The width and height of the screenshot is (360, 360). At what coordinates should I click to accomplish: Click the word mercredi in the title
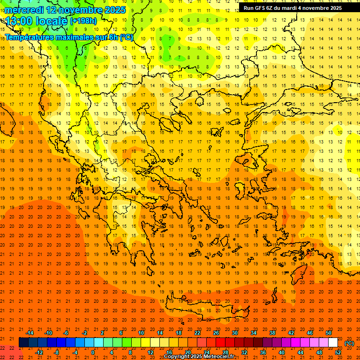tap(24, 10)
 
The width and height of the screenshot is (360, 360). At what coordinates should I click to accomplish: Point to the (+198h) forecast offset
tap(84, 22)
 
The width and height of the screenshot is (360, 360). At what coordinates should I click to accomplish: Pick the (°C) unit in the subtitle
tap(127, 37)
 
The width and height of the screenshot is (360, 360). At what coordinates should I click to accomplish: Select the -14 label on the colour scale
tap(30, 333)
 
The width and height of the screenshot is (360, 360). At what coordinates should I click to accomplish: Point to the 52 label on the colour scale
tap(338, 352)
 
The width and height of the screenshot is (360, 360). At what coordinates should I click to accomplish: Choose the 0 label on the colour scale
tap(92, 352)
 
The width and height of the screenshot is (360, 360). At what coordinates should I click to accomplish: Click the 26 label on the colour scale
tap(216, 333)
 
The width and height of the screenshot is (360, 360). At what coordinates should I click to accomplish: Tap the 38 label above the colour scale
tap(272, 333)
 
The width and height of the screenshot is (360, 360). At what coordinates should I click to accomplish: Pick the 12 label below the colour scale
tap(150, 352)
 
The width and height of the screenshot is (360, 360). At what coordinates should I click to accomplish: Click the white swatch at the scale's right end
tap(333, 342)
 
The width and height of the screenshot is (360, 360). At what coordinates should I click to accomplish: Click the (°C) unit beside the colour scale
tap(349, 343)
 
